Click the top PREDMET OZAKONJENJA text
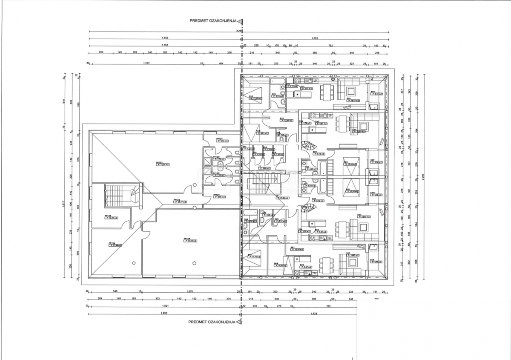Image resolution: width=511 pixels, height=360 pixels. (213, 20)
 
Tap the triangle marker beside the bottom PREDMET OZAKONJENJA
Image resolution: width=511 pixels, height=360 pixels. (240, 322)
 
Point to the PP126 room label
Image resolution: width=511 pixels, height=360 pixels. (187, 240)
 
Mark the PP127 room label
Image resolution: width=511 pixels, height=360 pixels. (220, 139)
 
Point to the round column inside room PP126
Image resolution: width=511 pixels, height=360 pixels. (195, 262)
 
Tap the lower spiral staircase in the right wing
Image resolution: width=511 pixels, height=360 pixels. (308, 209)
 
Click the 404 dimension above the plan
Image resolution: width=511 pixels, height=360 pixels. (221, 63)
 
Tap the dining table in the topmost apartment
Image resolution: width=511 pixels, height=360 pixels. (327, 91)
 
